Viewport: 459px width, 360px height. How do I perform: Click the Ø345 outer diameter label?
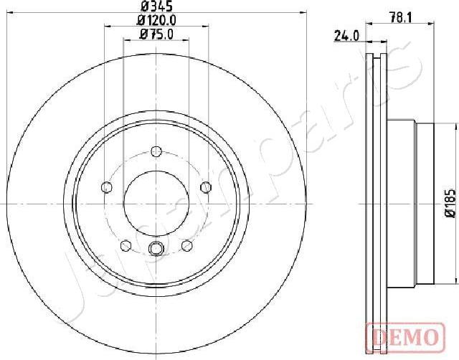pyautogui.click(x=154, y=9)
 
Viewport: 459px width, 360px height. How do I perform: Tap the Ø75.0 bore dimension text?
pyautogui.click(x=156, y=34)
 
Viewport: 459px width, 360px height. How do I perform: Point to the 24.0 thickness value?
pyautogui.click(x=346, y=36)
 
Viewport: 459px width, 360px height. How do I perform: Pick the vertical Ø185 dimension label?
pyautogui.click(x=450, y=203)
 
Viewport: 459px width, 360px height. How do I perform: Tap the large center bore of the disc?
pyautogui.click(x=156, y=196)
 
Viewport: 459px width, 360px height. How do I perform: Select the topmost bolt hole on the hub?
pyautogui.click(x=156, y=151)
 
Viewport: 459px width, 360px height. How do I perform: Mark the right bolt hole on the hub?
pyautogui.click(x=206, y=187)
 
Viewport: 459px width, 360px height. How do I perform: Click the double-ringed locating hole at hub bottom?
pyautogui.click(x=156, y=249)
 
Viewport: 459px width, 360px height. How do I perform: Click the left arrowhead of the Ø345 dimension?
pyautogui.click(x=7, y=16)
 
